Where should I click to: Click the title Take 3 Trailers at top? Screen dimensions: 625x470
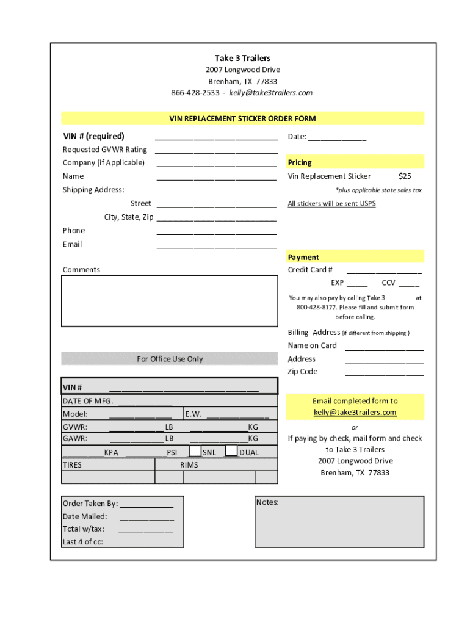242,58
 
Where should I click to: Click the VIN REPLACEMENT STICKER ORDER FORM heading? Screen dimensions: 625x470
242,118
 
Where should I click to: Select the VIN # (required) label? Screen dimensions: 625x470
93,136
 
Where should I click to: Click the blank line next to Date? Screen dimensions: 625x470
337,137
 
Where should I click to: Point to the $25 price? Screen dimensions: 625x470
404,176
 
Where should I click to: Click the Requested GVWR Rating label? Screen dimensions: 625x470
104,150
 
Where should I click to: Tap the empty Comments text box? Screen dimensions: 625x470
170,302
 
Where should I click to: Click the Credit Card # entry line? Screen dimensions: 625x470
384,270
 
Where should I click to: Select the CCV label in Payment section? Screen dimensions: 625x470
388,283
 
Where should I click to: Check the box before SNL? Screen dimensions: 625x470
195,451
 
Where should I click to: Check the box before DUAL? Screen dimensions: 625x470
231,451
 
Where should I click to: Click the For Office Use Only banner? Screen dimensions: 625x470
170,359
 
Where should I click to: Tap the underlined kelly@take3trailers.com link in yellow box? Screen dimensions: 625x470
355,413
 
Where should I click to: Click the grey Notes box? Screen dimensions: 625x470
339,522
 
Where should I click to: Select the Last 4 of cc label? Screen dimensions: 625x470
83,542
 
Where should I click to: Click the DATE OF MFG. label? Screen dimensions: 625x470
88,401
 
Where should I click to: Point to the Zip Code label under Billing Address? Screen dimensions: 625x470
303,372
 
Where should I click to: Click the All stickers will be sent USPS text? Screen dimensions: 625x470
331,204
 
